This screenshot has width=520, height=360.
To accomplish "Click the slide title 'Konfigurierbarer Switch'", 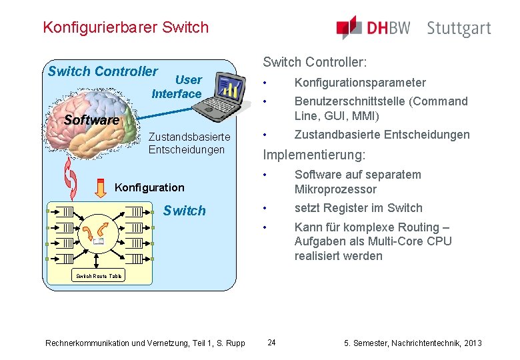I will (x=125, y=27).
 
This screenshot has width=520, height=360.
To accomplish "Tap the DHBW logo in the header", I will (x=373, y=27).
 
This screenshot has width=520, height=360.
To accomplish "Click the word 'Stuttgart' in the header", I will (x=459, y=29).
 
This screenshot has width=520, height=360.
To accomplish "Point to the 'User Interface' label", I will (x=177, y=87).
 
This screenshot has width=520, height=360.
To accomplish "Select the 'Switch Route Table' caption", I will (x=99, y=275).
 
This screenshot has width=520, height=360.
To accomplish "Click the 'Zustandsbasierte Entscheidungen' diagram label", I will (x=189, y=143).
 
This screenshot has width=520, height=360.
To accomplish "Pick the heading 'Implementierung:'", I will (x=314, y=155).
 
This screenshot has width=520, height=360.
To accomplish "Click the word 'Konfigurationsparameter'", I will (x=360, y=83).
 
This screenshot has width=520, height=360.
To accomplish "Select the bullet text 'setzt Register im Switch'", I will (x=359, y=208).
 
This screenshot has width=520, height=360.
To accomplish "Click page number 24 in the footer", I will (x=271, y=343).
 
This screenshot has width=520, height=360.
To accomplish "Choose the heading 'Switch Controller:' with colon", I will (x=315, y=62).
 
